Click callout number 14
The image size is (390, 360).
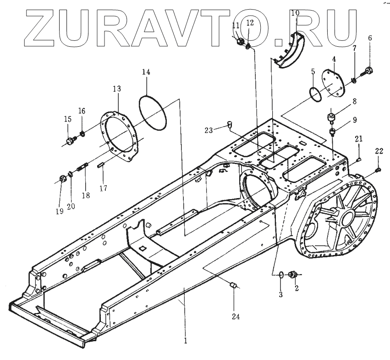(146, 72)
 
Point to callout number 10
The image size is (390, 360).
(295, 13)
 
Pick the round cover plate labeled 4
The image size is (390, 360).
(331, 84)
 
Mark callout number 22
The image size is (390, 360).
(379, 152)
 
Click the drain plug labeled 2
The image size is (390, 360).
(291, 275)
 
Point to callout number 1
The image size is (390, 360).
(185, 341)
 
